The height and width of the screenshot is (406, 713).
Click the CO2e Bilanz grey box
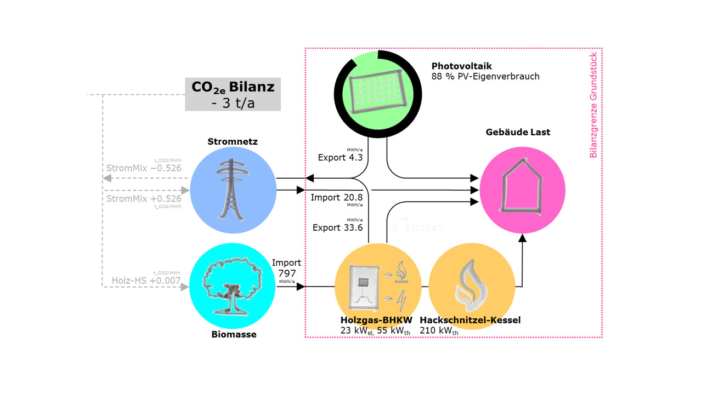click(233, 94)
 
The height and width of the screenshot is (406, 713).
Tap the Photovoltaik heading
click(461, 66)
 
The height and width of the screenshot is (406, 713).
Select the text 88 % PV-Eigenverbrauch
click(485, 77)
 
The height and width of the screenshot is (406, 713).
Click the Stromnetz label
click(233, 142)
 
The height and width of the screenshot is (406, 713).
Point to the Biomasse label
click(234, 334)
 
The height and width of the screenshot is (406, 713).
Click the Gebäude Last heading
click(518, 132)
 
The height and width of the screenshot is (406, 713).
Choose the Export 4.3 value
click(340, 158)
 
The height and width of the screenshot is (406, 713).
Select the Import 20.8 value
click(336, 197)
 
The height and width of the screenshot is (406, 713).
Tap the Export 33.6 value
click(337, 228)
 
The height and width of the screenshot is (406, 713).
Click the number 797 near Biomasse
click(286, 273)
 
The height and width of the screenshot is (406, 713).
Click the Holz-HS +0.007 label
click(146, 281)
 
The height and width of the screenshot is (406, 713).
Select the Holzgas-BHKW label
click(376, 321)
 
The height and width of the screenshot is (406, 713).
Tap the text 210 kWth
click(439, 331)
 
